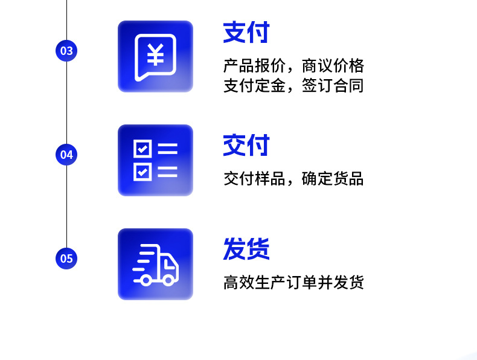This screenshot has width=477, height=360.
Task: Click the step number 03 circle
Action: click(x=66, y=50)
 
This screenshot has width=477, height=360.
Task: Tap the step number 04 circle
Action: click(x=66, y=154)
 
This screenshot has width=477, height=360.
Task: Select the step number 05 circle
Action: click(x=66, y=259)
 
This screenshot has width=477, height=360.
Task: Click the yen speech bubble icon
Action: click(x=155, y=57)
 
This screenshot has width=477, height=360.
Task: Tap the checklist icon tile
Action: click(x=155, y=160)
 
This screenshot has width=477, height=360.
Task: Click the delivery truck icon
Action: click(x=155, y=265)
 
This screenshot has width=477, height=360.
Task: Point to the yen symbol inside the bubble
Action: click(x=155, y=54)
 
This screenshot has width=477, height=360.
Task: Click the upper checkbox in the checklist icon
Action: click(x=142, y=149)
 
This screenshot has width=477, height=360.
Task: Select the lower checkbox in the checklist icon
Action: click(x=142, y=171)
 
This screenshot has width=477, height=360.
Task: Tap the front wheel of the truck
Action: click(x=169, y=279)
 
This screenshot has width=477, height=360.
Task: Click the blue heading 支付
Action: click(x=246, y=33)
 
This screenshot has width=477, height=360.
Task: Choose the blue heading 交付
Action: click(x=246, y=146)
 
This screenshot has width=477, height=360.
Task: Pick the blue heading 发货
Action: click(x=246, y=249)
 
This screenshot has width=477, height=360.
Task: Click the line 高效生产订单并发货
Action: click(x=293, y=283)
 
